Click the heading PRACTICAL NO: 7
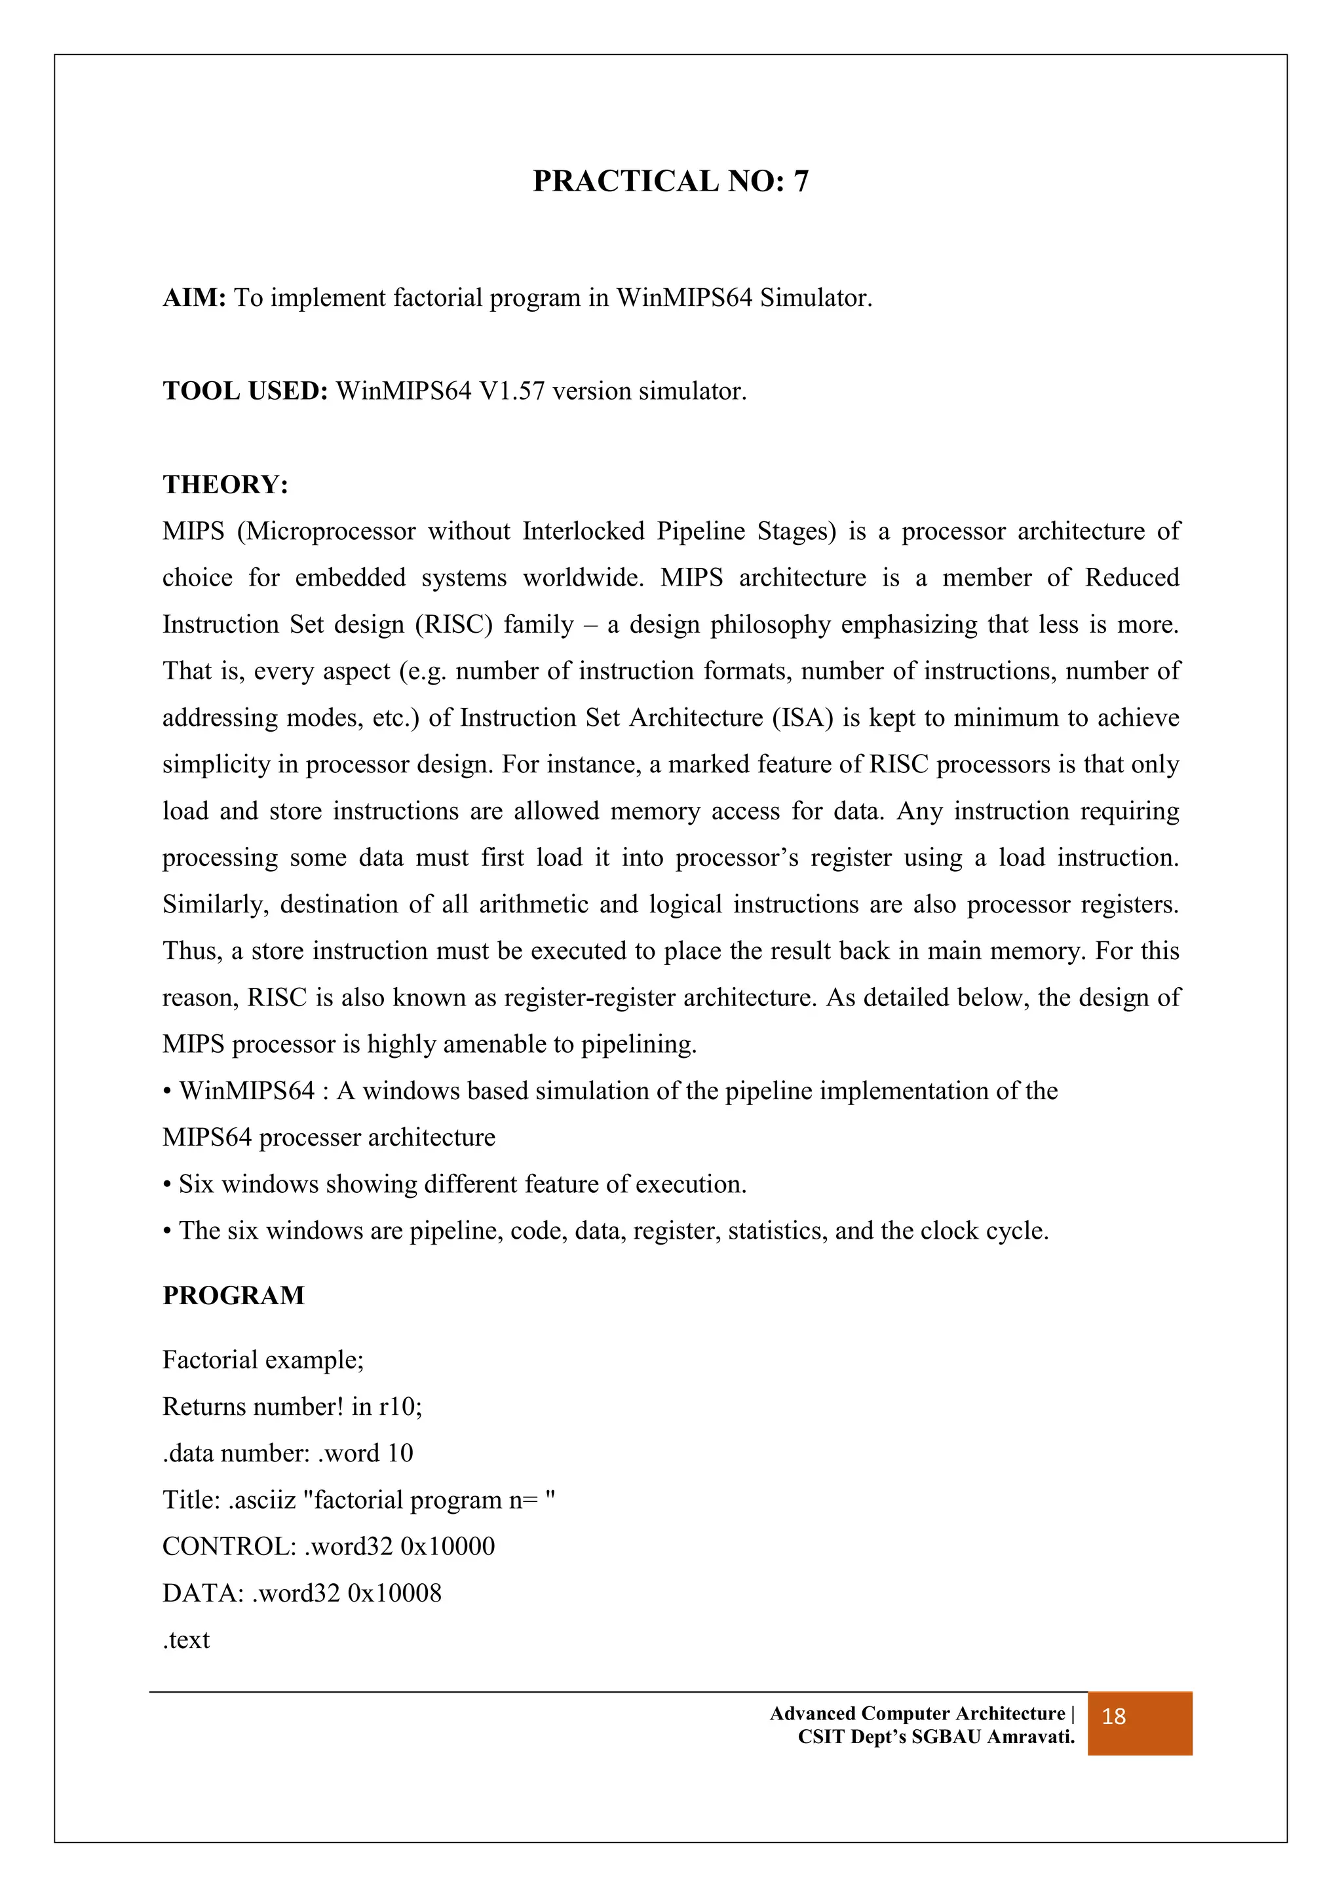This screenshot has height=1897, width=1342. click(x=670, y=181)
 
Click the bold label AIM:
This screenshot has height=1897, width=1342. click(x=194, y=297)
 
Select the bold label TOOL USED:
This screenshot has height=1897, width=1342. click(x=246, y=391)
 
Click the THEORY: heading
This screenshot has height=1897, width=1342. click(x=225, y=484)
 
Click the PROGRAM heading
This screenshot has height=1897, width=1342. click(x=233, y=1294)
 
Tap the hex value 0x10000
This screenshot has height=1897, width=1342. click(x=447, y=1546)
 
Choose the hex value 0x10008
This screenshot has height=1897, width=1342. click(x=394, y=1593)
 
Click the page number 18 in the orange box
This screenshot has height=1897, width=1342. click(x=1113, y=1717)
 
